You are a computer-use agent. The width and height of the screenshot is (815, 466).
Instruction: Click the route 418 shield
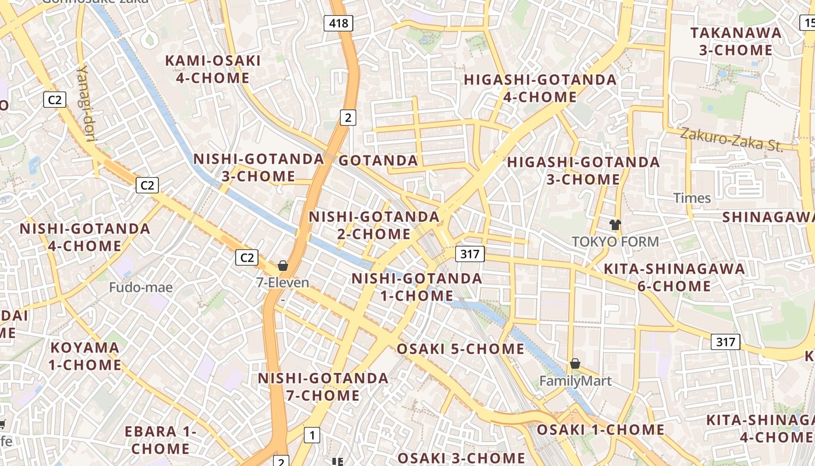pyautogui.click(x=338, y=23)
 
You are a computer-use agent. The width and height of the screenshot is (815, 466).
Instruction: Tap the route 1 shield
pyautogui.click(x=313, y=435)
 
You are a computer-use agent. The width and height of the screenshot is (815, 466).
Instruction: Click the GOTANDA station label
pyautogui.click(x=378, y=161)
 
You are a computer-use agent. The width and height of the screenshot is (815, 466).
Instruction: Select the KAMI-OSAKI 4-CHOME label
pyautogui.click(x=212, y=69)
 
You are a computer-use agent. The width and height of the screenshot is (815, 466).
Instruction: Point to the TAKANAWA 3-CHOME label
pyautogui.click(x=736, y=41)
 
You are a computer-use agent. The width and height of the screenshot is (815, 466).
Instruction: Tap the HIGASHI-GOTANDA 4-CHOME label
pyautogui.click(x=540, y=88)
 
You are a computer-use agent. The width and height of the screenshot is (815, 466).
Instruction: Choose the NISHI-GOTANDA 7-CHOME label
pyautogui.click(x=323, y=387)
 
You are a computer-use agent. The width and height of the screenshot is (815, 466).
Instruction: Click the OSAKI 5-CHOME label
pyautogui.click(x=460, y=349)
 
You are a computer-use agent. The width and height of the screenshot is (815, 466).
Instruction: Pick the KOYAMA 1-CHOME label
pyautogui.click(x=85, y=356)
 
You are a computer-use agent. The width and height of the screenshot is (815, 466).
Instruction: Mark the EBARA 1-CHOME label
pyautogui.click(x=161, y=440)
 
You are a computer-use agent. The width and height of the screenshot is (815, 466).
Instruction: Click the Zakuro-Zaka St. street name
pyautogui.click(x=732, y=139)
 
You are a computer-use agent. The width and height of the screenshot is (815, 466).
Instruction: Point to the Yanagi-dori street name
pyautogui.click(x=86, y=102)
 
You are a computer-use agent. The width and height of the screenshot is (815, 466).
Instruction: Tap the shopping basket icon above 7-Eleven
pyautogui.click(x=283, y=266)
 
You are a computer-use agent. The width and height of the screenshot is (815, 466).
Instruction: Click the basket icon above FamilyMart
pyautogui.click(x=575, y=363)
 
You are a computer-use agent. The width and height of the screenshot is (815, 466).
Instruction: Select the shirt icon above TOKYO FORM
pyautogui.click(x=615, y=224)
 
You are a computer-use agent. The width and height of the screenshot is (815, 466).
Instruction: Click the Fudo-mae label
pyautogui.click(x=141, y=287)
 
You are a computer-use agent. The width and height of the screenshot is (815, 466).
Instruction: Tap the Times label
pyautogui.click(x=692, y=198)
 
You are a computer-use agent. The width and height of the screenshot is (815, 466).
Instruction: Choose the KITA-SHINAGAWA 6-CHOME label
pyautogui.click(x=674, y=277)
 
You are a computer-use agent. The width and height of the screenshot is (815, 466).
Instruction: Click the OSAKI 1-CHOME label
pyautogui.click(x=600, y=430)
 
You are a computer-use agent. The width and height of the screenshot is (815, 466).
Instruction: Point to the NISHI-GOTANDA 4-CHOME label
pyautogui.click(x=85, y=237)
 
